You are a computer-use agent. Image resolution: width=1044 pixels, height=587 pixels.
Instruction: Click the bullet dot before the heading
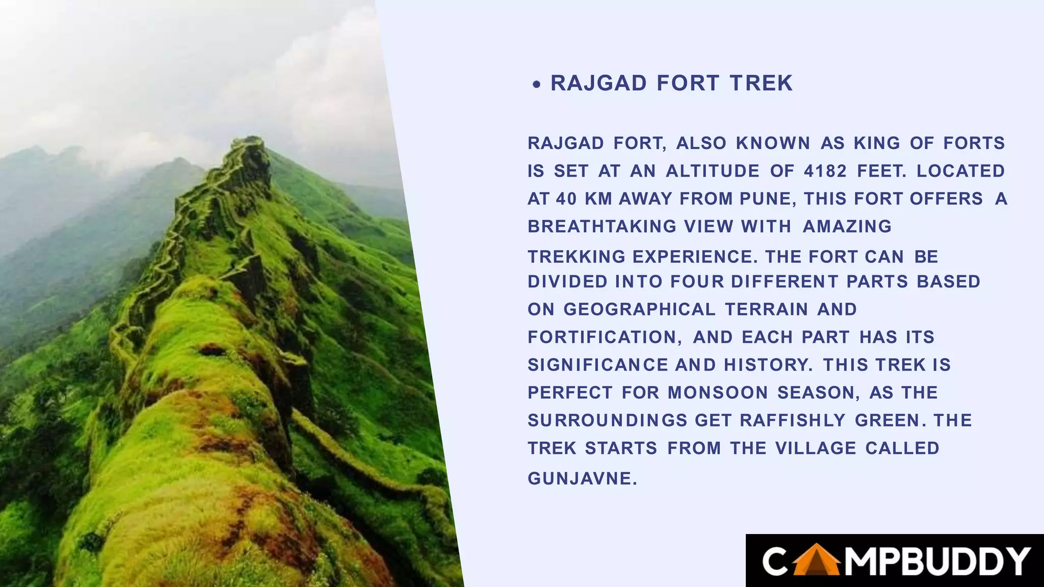(x=536, y=85)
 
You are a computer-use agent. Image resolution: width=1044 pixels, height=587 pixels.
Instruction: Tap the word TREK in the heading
(x=761, y=83)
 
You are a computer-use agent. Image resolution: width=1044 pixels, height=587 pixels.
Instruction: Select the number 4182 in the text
(x=825, y=171)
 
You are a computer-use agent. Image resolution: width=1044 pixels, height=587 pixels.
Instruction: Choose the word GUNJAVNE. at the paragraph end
(x=582, y=478)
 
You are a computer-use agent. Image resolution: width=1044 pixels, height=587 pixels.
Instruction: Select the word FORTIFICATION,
(x=605, y=337)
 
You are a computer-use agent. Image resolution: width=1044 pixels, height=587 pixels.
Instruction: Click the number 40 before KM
(x=566, y=199)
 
